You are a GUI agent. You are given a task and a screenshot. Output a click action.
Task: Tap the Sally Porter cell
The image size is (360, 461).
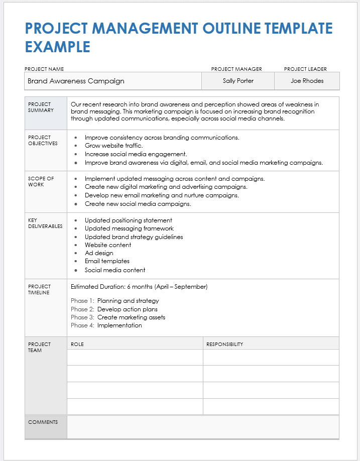(238, 81)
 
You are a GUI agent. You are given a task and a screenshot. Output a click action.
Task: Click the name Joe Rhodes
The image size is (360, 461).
(307, 81)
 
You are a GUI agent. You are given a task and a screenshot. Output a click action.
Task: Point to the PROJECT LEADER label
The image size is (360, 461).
(305, 69)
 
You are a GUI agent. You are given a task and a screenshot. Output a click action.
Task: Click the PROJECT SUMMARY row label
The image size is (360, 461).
(40, 107)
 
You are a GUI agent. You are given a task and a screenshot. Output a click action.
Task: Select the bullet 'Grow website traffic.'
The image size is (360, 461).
(113, 146)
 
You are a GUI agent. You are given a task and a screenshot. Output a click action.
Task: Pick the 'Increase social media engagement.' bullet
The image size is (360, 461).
(136, 154)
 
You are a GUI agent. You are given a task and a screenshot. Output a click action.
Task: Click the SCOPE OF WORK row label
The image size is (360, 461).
(41, 181)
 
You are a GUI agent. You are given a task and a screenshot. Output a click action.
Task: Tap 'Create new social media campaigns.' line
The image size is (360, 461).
(138, 204)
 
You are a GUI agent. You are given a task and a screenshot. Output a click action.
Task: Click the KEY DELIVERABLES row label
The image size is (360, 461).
(45, 223)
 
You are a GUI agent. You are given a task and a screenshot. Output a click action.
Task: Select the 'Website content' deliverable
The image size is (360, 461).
(108, 245)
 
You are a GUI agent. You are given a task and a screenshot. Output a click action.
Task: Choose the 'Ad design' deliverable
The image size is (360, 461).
(99, 253)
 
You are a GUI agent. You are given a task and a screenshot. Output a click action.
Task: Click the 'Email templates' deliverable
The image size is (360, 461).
(107, 261)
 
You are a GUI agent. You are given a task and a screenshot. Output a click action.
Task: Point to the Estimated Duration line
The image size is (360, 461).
(139, 287)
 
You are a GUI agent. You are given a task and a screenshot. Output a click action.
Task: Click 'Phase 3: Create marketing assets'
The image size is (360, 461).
(118, 317)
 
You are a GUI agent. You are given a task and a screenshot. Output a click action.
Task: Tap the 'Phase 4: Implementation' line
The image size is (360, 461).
(106, 325)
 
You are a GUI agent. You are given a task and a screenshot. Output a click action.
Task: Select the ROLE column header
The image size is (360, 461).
(77, 344)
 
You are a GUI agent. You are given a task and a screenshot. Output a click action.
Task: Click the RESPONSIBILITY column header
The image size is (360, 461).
(224, 344)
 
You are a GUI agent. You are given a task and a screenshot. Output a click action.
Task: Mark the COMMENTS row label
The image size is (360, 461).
(43, 422)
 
